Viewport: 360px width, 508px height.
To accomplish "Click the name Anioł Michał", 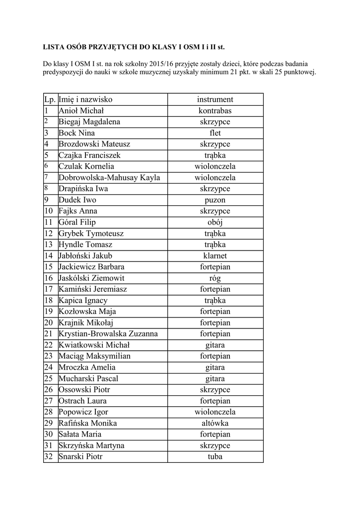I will [81, 111].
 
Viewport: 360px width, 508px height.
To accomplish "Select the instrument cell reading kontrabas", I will [215, 111].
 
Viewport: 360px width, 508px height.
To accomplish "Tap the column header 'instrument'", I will [215, 99].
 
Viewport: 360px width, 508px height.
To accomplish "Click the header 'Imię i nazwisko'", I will [85, 99].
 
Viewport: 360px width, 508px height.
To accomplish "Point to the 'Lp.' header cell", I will [50, 99].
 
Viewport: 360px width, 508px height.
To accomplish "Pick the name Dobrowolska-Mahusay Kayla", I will [109, 178].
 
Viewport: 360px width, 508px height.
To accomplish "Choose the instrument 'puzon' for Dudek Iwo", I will [215, 200].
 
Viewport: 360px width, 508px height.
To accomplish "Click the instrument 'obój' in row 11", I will [215, 222].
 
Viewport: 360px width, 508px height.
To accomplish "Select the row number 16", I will [49, 278].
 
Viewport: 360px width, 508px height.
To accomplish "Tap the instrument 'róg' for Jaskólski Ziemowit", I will [215, 278].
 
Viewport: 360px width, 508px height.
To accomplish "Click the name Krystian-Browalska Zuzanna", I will [108, 334].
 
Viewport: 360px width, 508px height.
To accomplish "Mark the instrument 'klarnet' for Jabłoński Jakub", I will [215, 256].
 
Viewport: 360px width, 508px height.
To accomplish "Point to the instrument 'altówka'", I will [215, 423].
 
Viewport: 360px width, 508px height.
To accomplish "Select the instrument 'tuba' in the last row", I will [215, 456].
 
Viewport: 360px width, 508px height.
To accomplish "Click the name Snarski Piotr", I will [80, 456].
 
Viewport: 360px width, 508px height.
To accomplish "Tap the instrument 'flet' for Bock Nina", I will [215, 133].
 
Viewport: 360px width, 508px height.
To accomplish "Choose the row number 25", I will [49, 379].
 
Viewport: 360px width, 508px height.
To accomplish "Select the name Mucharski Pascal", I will [88, 379].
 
